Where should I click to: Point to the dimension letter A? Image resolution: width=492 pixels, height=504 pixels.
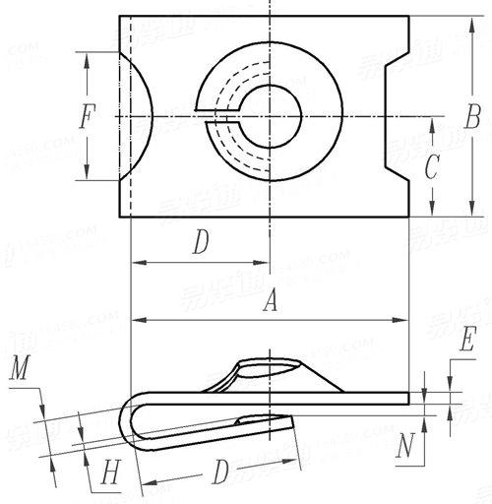[x=268, y=305]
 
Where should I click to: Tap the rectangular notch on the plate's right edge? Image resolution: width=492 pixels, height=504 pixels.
[x=398, y=116]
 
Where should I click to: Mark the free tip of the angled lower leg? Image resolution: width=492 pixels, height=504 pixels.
[x=292, y=421]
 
